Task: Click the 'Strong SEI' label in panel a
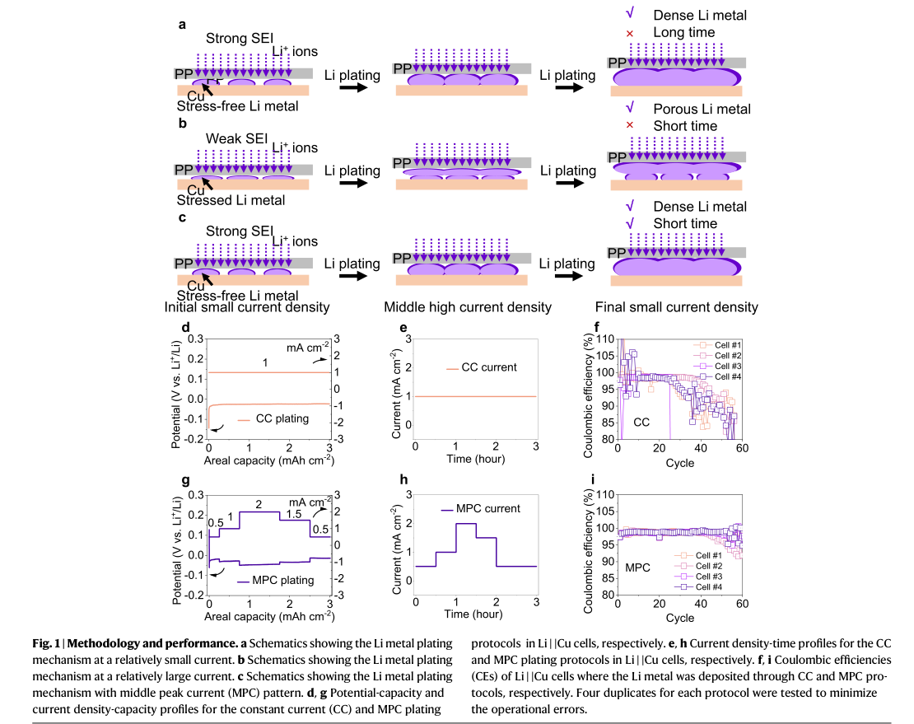click(239, 39)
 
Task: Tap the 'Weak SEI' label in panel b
click(236, 138)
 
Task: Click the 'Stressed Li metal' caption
click(231, 200)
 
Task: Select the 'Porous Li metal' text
click(702, 109)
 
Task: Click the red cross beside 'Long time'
click(630, 33)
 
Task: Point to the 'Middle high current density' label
click(468, 307)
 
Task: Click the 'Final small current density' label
click(676, 307)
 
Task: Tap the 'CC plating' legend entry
click(273, 418)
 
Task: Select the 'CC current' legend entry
click(482, 367)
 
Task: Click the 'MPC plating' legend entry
click(276, 581)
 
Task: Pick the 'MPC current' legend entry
click(481, 508)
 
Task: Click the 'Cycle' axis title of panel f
click(679, 463)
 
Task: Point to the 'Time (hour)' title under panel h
click(473, 614)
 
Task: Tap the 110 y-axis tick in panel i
click(605, 495)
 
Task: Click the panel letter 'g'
click(185, 480)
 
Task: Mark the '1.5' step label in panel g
click(294, 514)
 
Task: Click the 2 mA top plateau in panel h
click(466, 524)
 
